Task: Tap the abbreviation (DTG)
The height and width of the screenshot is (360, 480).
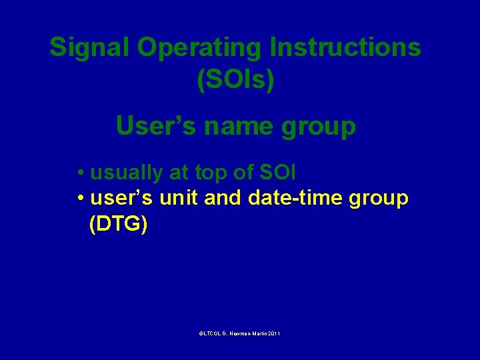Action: [x=118, y=224]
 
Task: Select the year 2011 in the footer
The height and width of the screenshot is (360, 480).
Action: [x=273, y=332]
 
